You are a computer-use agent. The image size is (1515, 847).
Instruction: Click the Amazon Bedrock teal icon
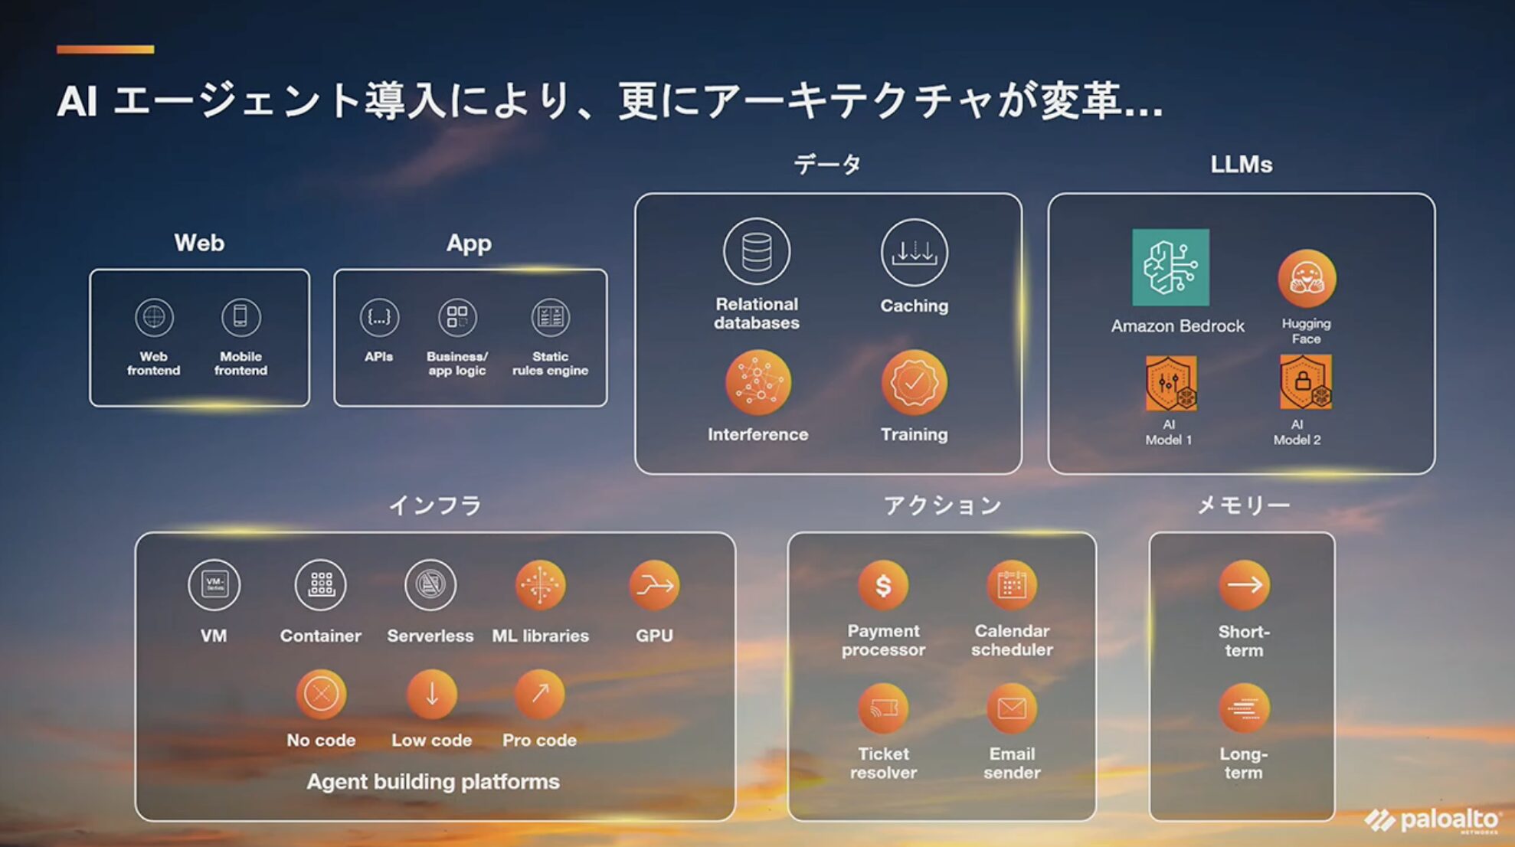(x=1170, y=267)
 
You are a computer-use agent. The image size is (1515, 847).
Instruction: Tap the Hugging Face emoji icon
(x=1306, y=279)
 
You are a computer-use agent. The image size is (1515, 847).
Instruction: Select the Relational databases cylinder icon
(x=757, y=251)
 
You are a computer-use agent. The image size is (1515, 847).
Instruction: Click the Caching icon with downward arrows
(x=914, y=252)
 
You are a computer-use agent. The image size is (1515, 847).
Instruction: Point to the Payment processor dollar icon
(x=883, y=586)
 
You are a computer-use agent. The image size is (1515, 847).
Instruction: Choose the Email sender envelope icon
(x=1012, y=708)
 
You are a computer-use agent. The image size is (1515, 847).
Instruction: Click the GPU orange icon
(x=654, y=586)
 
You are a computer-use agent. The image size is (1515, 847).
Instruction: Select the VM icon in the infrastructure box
(x=214, y=585)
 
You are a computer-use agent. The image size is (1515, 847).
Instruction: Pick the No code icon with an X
(x=321, y=695)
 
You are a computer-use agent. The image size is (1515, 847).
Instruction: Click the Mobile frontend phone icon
(x=241, y=317)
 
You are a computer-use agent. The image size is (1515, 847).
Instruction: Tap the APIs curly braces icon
(x=379, y=317)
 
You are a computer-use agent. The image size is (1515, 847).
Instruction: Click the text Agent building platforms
(x=434, y=782)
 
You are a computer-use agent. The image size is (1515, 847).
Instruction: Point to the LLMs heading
(x=1242, y=165)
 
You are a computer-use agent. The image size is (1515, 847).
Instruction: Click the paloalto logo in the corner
(x=1432, y=820)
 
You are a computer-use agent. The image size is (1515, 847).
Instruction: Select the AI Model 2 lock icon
(x=1306, y=381)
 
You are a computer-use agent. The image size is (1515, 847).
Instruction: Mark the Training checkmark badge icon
(x=914, y=382)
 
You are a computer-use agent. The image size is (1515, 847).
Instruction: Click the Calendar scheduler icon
(x=1012, y=586)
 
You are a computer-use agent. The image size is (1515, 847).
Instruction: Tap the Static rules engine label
(x=550, y=364)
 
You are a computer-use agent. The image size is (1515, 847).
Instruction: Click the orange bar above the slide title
(x=105, y=50)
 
